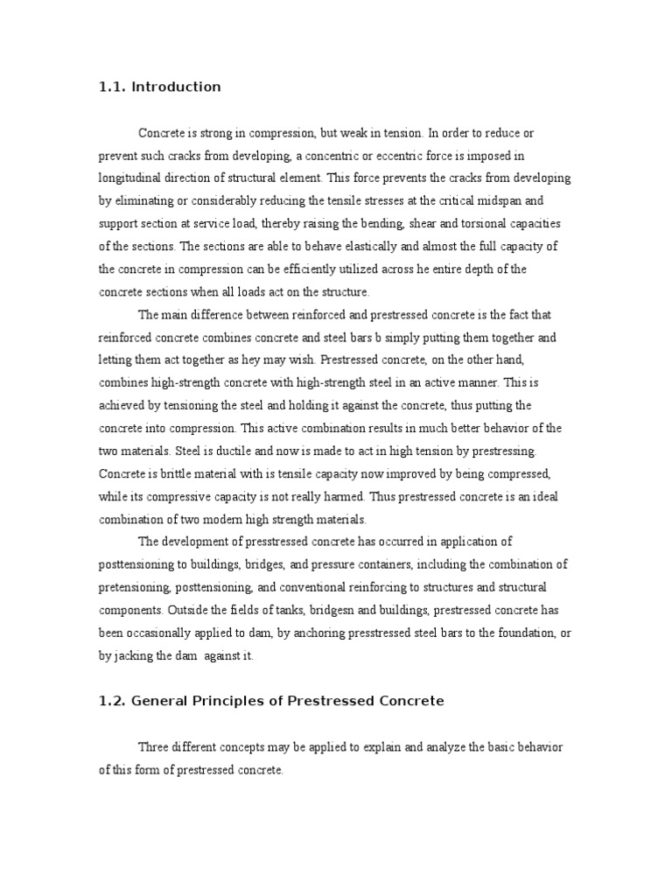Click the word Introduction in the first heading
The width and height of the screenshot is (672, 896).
(176, 87)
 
